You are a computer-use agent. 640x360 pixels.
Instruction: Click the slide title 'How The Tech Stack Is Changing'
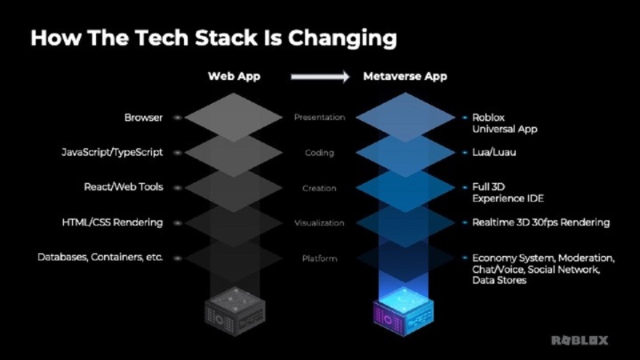pos(214,38)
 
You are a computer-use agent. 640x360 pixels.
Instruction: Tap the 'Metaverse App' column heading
pos(405,77)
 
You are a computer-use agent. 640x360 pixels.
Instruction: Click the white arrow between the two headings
pos(319,78)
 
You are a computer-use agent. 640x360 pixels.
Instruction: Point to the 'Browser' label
pos(143,118)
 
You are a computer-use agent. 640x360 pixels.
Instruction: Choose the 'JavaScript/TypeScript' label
pos(112,152)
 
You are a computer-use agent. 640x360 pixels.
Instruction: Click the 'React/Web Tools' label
pos(123,187)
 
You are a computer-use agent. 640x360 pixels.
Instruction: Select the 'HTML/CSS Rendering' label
pos(113,222)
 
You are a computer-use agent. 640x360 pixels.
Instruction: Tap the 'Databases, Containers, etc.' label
pos(100,258)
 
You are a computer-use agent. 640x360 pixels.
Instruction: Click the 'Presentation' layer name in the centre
pos(319,118)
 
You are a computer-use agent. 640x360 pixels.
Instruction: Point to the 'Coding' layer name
pos(319,153)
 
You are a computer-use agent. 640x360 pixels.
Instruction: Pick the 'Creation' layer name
pos(319,188)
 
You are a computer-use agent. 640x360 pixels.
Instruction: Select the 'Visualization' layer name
pos(319,223)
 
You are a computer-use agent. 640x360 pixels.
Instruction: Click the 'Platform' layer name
pos(319,258)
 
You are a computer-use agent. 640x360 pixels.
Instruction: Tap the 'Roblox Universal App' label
pos(505,122)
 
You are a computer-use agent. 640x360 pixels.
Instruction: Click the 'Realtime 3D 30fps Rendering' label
pos(541,222)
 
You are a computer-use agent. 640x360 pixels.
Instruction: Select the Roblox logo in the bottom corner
pos(579,340)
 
